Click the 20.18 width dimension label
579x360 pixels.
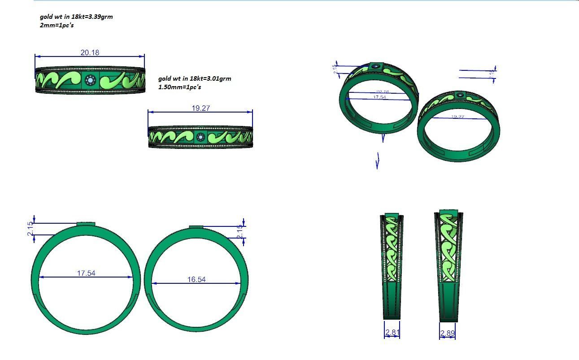(90, 52)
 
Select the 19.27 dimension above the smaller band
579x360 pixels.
(200, 108)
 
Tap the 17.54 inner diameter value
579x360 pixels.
(86, 273)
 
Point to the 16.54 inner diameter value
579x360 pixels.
(196, 279)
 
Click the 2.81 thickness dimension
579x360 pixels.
(392, 333)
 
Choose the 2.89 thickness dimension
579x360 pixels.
(448, 333)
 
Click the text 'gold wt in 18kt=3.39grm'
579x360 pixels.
(76, 17)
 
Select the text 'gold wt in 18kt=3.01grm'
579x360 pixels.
(195, 78)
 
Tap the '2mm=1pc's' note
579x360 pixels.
(57, 25)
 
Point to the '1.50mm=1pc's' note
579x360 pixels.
(179, 87)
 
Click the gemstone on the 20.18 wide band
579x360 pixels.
(90, 81)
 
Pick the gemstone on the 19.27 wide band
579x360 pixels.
(200, 137)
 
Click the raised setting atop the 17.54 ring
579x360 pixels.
(86, 223)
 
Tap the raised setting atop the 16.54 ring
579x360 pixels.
(196, 227)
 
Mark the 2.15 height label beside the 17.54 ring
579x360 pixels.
(30, 229)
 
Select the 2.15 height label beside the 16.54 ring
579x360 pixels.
(240, 232)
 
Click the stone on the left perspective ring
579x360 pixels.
(376, 67)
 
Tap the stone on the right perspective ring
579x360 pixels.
(460, 95)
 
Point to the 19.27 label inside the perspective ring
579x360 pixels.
(457, 117)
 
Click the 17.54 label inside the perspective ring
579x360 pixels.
(379, 97)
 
